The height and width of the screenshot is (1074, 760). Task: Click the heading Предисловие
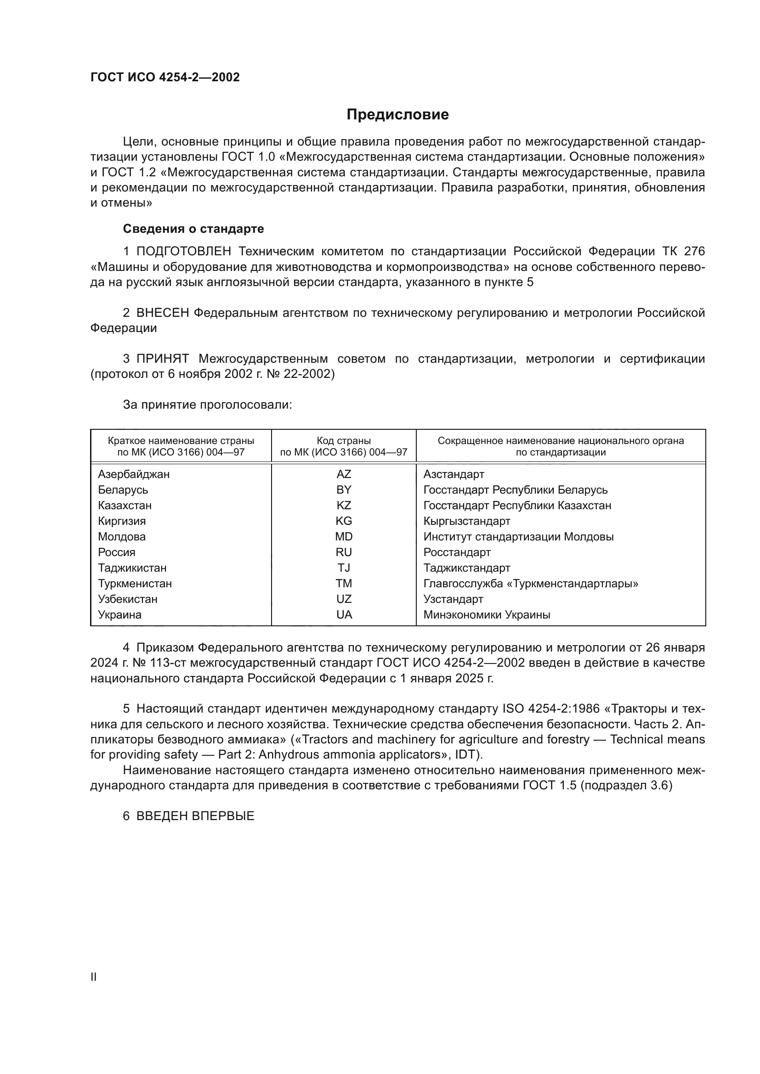pos(397,115)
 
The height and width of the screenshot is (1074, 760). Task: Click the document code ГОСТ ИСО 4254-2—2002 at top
pos(165,78)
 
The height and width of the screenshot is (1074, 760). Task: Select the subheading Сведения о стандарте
pos(193,229)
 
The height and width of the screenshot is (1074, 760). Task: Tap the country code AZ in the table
pos(344,474)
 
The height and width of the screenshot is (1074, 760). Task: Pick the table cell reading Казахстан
pos(125,506)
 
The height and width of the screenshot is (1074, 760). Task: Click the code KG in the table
pos(344,521)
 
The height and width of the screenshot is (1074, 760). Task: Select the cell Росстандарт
pos(457,552)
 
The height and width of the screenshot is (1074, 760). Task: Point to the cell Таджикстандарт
pos(466,568)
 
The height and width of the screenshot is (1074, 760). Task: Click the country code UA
pos(344,615)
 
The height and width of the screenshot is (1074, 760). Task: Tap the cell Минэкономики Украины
pos(487,615)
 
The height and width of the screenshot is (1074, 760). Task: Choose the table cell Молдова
pos(122,536)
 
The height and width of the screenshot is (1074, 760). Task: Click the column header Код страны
pos(344,441)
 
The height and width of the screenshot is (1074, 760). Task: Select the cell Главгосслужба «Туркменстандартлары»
pos(531,583)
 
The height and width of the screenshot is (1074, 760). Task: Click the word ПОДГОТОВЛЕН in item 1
pos(183,252)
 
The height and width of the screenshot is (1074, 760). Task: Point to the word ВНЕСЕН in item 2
pos(162,313)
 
